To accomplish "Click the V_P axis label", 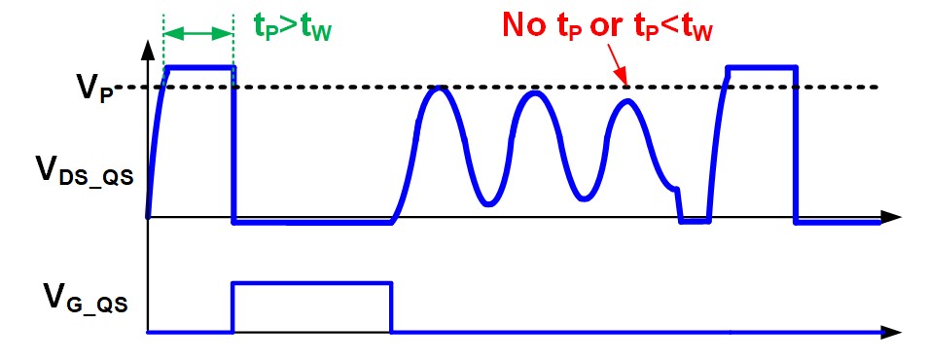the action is pyautogui.click(x=94, y=90).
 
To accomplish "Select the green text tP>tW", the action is pyautogui.click(x=293, y=27).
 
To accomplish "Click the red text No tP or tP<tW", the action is pyautogui.click(x=607, y=26).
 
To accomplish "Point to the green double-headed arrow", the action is pyautogui.click(x=198, y=34).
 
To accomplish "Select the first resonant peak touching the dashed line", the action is pyautogui.click(x=437, y=89).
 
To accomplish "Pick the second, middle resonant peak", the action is pyautogui.click(x=535, y=93).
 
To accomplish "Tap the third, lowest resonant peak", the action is pyautogui.click(x=626, y=102).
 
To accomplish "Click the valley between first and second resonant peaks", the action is pyautogui.click(x=487, y=203).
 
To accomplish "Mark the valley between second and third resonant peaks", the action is pyautogui.click(x=584, y=198).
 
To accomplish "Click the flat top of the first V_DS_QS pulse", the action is pyautogui.click(x=201, y=67).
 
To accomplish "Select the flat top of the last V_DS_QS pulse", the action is pyautogui.click(x=762, y=67).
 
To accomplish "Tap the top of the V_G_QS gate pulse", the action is pyautogui.click(x=311, y=283).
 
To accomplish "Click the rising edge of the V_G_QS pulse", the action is pyautogui.click(x=232, y=307).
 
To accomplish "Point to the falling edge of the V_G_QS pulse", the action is pyautogui.click(x=391, y=307).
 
